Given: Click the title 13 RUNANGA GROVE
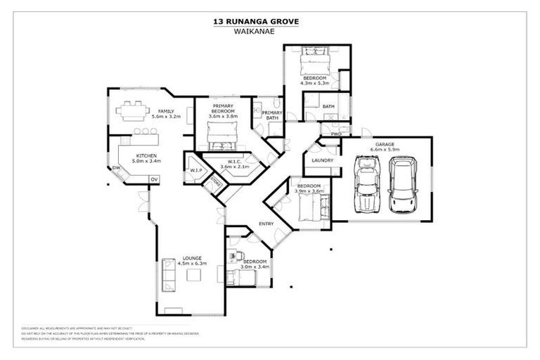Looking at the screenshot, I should tap(256, 22).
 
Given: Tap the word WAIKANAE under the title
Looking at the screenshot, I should tap(256, 31).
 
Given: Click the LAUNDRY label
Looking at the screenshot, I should tap(322, 160).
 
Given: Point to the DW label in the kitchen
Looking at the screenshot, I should tap(116, 168).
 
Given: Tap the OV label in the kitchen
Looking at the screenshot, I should tap(153, 180).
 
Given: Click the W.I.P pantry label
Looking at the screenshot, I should tap(195, 169).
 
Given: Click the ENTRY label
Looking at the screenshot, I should tap(266, 224).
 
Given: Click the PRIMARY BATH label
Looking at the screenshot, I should tap(273, 115).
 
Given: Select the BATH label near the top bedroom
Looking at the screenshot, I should tap(328, 106).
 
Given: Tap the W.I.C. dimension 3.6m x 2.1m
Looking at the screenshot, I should tap(234, 167).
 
